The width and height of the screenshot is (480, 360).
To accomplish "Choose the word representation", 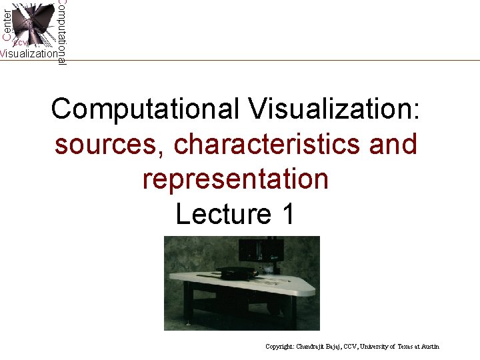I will [235, 179].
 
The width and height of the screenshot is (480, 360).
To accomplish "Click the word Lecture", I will [217, 214].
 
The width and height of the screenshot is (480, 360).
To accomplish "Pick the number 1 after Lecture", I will [287, 214].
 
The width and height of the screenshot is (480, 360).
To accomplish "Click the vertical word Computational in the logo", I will [61, 32].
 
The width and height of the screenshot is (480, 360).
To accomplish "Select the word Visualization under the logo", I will [29, 54].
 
